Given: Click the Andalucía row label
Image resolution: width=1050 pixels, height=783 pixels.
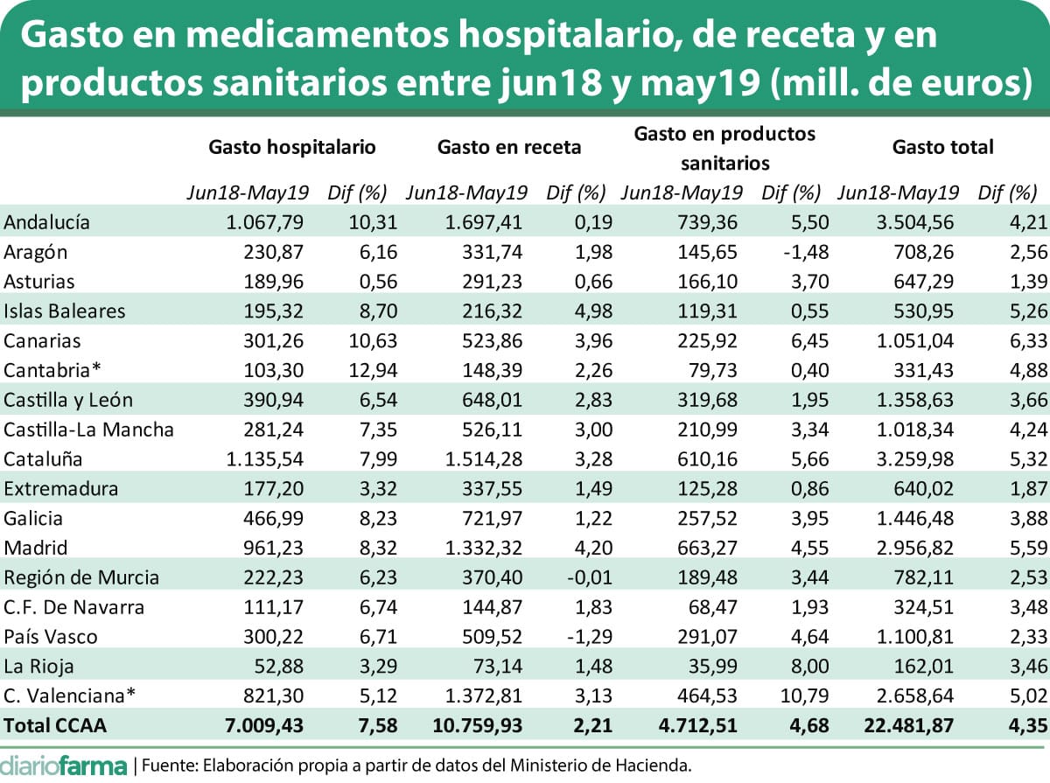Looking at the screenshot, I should point(47,222).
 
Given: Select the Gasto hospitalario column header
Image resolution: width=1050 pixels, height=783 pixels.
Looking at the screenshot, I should point(292,147).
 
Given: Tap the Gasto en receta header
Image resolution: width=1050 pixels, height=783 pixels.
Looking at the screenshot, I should point(509,147).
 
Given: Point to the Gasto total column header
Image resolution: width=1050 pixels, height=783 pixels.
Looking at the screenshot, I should point(943,147).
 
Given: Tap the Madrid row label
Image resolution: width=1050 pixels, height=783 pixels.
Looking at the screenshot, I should point(36,548).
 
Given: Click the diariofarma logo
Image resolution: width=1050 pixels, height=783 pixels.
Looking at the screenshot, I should point(63,764).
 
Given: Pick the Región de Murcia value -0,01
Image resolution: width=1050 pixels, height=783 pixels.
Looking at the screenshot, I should point(586,577).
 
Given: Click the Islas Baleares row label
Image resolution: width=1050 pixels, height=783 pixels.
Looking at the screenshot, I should point(65,311).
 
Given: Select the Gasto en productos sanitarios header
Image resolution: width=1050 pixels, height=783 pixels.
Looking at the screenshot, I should point(724,148).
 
